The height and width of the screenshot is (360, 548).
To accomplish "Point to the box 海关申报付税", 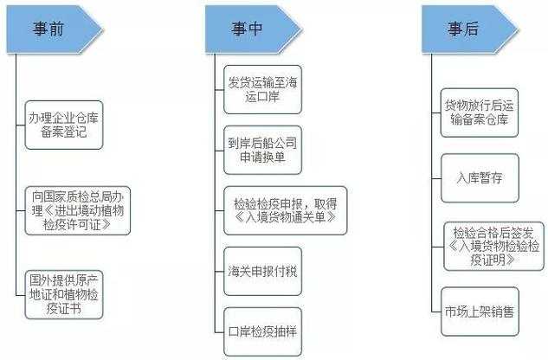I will pos(258,270).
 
